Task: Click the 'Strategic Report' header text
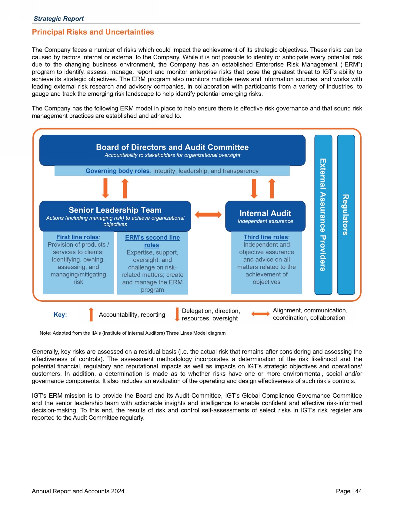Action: (x=59, y=19)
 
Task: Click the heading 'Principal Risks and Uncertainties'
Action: (x=93, y=32)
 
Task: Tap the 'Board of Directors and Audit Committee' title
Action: (x=172, y=147)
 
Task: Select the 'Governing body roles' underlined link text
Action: (x=117, y=171)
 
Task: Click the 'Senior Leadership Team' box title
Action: (x=115, y=210)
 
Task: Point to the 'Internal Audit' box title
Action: (x=265, y=213)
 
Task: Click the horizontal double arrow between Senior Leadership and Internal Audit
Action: (x=208, y=215)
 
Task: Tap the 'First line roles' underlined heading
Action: (x=77, y=237)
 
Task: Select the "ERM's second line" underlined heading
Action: (x=152, y=238)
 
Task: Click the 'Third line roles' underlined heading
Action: (x=265, y=237)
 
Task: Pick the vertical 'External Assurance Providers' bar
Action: (x=323, y=215)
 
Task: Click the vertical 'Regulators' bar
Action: (x=346, y=215)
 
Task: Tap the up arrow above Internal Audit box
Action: (x=272, y=188)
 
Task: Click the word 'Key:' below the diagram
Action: (x=60, y=315)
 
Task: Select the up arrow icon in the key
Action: (x=91, y=314)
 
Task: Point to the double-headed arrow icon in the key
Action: (x=260, y=314)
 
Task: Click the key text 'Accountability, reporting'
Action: (x=132, y=315)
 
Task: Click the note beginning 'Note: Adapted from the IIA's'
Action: (x=132, y=333)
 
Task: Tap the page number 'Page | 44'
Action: (x=349, y=491)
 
